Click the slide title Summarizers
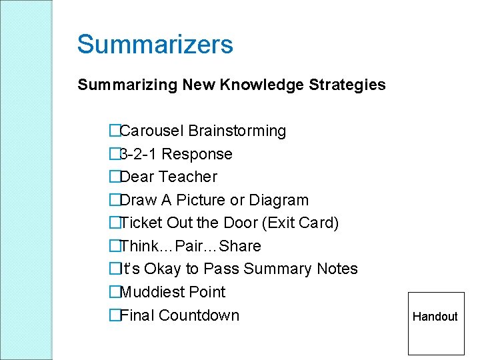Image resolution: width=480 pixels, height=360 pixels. [x=155, y=45]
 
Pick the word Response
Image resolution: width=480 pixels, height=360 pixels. [x=197, y=154]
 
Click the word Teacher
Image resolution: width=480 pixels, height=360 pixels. [x=188, y=177]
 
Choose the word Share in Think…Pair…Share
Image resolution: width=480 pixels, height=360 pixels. [x=240, y=246]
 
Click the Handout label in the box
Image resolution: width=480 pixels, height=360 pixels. [x=435, y=317]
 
